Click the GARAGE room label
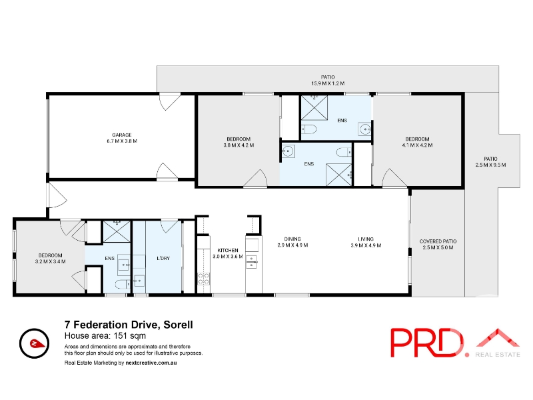pos(122,135)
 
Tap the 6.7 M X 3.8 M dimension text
pos(122,141)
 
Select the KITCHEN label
pos(228,251)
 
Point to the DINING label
pos(292,239)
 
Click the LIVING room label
pos(366,239)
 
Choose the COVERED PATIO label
pos(438,241)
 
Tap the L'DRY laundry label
pos(163,259)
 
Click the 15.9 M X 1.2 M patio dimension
pos(328,83)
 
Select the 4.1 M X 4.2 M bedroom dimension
pos(417,145)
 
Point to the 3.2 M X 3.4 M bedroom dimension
pos(51,261)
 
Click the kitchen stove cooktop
pos(204,279)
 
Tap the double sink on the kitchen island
pos(252,261)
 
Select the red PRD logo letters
pos(430,343)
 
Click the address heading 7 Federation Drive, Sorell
pos(129,325)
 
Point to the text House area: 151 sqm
pos(105,336)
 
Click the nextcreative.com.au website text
pos(151,363)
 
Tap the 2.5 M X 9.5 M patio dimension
pos(490,165)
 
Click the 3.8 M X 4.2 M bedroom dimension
pos(239,145)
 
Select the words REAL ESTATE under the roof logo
pos(498,355)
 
